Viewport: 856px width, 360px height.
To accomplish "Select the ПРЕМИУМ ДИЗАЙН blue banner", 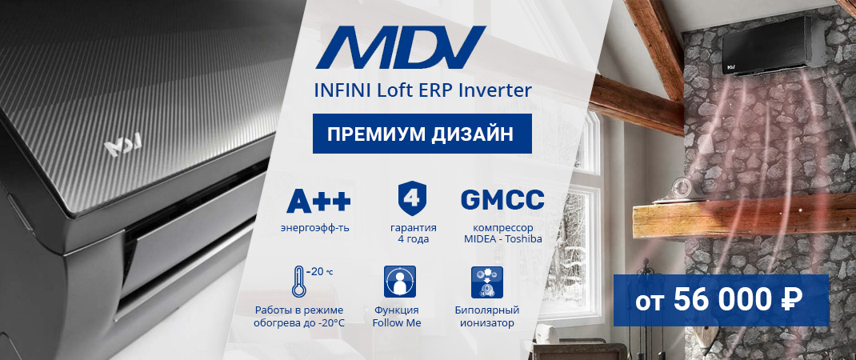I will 422,133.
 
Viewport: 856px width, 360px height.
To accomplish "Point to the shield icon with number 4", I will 412,198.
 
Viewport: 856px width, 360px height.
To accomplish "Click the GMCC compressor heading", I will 502,199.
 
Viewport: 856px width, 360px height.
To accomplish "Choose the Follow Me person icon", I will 400,282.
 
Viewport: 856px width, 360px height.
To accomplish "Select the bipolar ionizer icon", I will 486,282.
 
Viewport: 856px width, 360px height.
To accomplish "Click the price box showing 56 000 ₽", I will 720,300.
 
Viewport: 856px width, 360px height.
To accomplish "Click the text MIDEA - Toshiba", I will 502,238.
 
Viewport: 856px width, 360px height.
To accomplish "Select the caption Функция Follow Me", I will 397,316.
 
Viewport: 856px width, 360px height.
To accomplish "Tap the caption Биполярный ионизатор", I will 487,316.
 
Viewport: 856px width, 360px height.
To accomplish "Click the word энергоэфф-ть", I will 314,228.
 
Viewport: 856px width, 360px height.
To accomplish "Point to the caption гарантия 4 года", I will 413,233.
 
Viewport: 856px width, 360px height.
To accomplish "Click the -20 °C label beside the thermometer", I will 322,271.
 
